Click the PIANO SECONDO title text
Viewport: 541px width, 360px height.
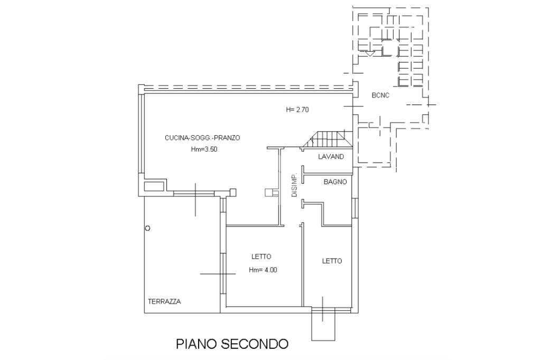[x=232, y=344]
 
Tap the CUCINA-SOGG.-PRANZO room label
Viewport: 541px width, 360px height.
[x=202, y=138]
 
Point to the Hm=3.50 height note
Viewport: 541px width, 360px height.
[x=204, y=149]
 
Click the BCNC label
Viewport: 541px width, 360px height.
[x=380, y=96]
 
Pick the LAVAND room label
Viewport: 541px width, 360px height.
[x=331, y=157]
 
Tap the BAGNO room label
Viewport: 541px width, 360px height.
[x=335, y=182]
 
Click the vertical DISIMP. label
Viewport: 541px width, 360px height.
[x=295, y=185]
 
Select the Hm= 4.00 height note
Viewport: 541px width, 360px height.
[x=263, y=270]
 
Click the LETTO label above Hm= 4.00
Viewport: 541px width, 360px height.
[x=261, y=257]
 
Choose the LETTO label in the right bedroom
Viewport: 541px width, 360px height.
[x=332, y=261]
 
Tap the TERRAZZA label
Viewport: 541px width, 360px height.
[x=164, y=302]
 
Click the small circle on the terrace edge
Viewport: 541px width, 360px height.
[x=148, y=229]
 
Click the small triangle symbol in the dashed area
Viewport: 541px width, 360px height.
[x=370, y=53]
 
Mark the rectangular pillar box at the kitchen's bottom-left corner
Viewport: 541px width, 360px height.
[x=154, y=186]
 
